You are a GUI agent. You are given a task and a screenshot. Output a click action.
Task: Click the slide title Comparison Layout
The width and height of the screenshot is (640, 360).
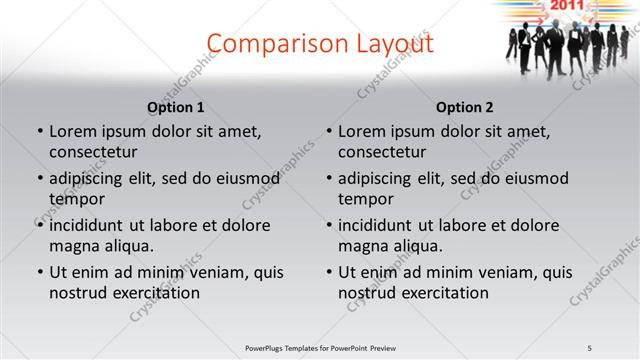pos(320,44)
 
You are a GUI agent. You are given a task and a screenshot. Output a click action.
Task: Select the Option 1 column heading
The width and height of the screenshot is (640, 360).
pos(176,107)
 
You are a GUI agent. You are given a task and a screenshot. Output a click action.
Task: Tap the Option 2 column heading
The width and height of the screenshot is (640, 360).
pos(465,107)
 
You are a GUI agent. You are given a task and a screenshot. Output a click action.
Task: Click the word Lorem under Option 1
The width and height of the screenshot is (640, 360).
pos(73,131)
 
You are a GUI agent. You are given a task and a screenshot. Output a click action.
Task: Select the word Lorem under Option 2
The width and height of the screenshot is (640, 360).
pos(362,131)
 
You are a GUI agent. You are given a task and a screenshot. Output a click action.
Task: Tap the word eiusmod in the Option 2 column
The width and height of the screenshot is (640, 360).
pos(536,178)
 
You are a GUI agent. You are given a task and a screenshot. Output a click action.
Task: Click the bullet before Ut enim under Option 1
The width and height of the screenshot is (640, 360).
pos(39,272)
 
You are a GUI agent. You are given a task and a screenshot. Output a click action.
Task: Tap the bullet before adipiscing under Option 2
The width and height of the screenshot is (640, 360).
pos(328,178)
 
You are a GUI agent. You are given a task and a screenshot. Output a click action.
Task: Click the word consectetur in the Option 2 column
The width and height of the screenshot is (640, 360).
pos(382,152)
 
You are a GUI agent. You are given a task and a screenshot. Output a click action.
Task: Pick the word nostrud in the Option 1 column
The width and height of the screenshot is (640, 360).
pos(76,293)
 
